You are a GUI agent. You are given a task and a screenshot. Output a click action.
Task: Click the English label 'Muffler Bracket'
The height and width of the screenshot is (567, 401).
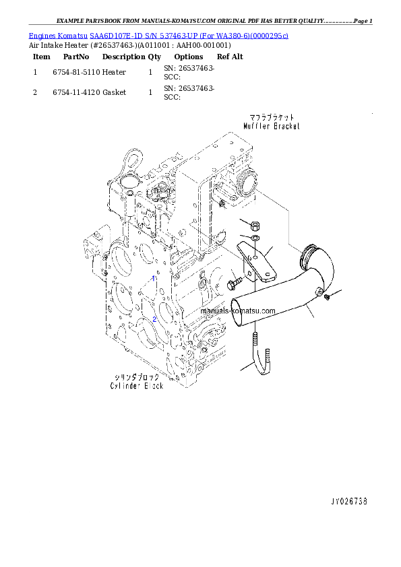pos(272,126)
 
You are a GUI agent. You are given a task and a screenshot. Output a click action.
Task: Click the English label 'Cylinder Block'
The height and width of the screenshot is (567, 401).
pos(137,386)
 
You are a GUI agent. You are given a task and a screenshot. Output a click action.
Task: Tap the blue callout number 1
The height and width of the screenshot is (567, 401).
pos(154,277)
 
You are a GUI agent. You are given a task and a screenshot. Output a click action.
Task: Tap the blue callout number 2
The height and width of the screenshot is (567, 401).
pos(154,319)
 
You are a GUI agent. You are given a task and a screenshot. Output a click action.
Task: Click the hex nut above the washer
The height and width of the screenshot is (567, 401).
pos(255,225)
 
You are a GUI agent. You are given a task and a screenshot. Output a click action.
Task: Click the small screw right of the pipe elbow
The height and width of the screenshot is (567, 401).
pos(326,297)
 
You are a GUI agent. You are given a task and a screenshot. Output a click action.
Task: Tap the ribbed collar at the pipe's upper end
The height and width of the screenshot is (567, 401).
pos(311,253)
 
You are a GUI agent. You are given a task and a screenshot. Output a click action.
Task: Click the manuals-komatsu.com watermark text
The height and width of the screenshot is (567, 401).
pos(238,311)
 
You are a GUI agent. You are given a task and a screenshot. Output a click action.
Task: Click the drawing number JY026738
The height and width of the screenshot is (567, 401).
pos(348,502)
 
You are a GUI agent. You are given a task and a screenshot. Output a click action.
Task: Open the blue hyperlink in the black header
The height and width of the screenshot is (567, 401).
pos(158,35)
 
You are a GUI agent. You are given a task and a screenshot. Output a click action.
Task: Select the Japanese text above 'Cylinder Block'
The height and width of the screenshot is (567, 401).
pos(137,376)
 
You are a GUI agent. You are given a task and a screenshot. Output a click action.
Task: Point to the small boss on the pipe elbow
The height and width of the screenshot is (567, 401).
pos(318,290)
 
